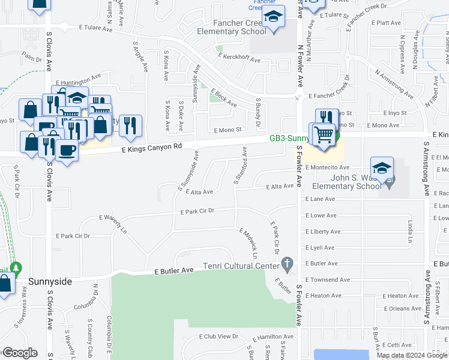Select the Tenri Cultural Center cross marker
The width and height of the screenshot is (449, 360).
pyautogui.click(x=288, y=264)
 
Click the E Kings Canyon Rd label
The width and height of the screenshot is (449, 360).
pyautogui.click(x=151, y=148)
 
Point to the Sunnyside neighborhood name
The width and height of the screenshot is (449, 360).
pyautogui.click(x=53, y=281)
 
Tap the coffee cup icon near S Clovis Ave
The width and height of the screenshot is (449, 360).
pyautogui.click(x=67, y=150)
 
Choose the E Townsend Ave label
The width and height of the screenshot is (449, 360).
pyautogui.click(x=327, y=280)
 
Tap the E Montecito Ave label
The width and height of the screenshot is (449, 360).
pyautogui.click(x=327, y=167)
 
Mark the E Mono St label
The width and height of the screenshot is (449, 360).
pyautogui.click(x=227, y=129)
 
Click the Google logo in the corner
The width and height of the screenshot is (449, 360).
pyautogui.click(x=20, y=353)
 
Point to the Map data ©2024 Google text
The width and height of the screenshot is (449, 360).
pyautogui.click(x=411, y=355)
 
